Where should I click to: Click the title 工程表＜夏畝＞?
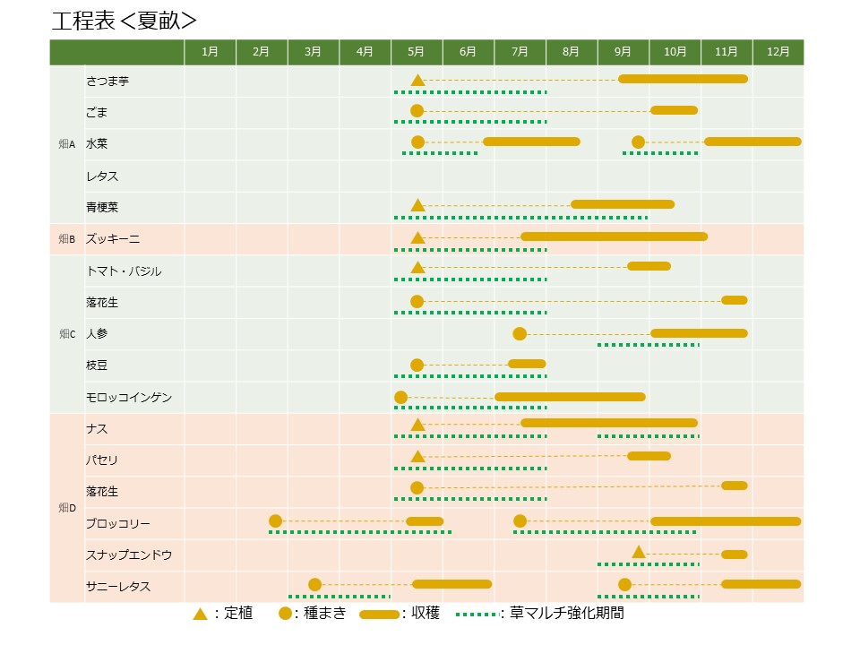coord(125,21)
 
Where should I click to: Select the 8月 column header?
coord(572,53)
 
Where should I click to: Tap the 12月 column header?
coord(778,53)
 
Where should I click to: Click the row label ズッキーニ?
coord(113,239)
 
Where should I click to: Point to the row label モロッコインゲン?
coord(129,397)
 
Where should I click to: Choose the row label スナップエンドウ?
coord(129,555)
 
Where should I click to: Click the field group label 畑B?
coord(67,239)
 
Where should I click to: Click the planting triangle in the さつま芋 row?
coord(417,80)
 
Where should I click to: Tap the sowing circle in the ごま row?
coord(417,111)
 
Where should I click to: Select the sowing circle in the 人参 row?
coord(520,334)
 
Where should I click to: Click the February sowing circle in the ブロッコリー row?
coord(275,521)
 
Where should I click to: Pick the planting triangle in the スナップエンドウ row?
coord(639,552)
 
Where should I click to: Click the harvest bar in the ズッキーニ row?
coord(614,236)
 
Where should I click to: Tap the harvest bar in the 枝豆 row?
coord(527,364)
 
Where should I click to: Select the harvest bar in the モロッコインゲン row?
coord(570,397)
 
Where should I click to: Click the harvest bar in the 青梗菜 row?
coord(623,204)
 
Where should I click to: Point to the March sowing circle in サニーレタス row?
coord(314,585)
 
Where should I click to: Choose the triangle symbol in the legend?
coord(201,614)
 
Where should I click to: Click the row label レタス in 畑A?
coord(102,176)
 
